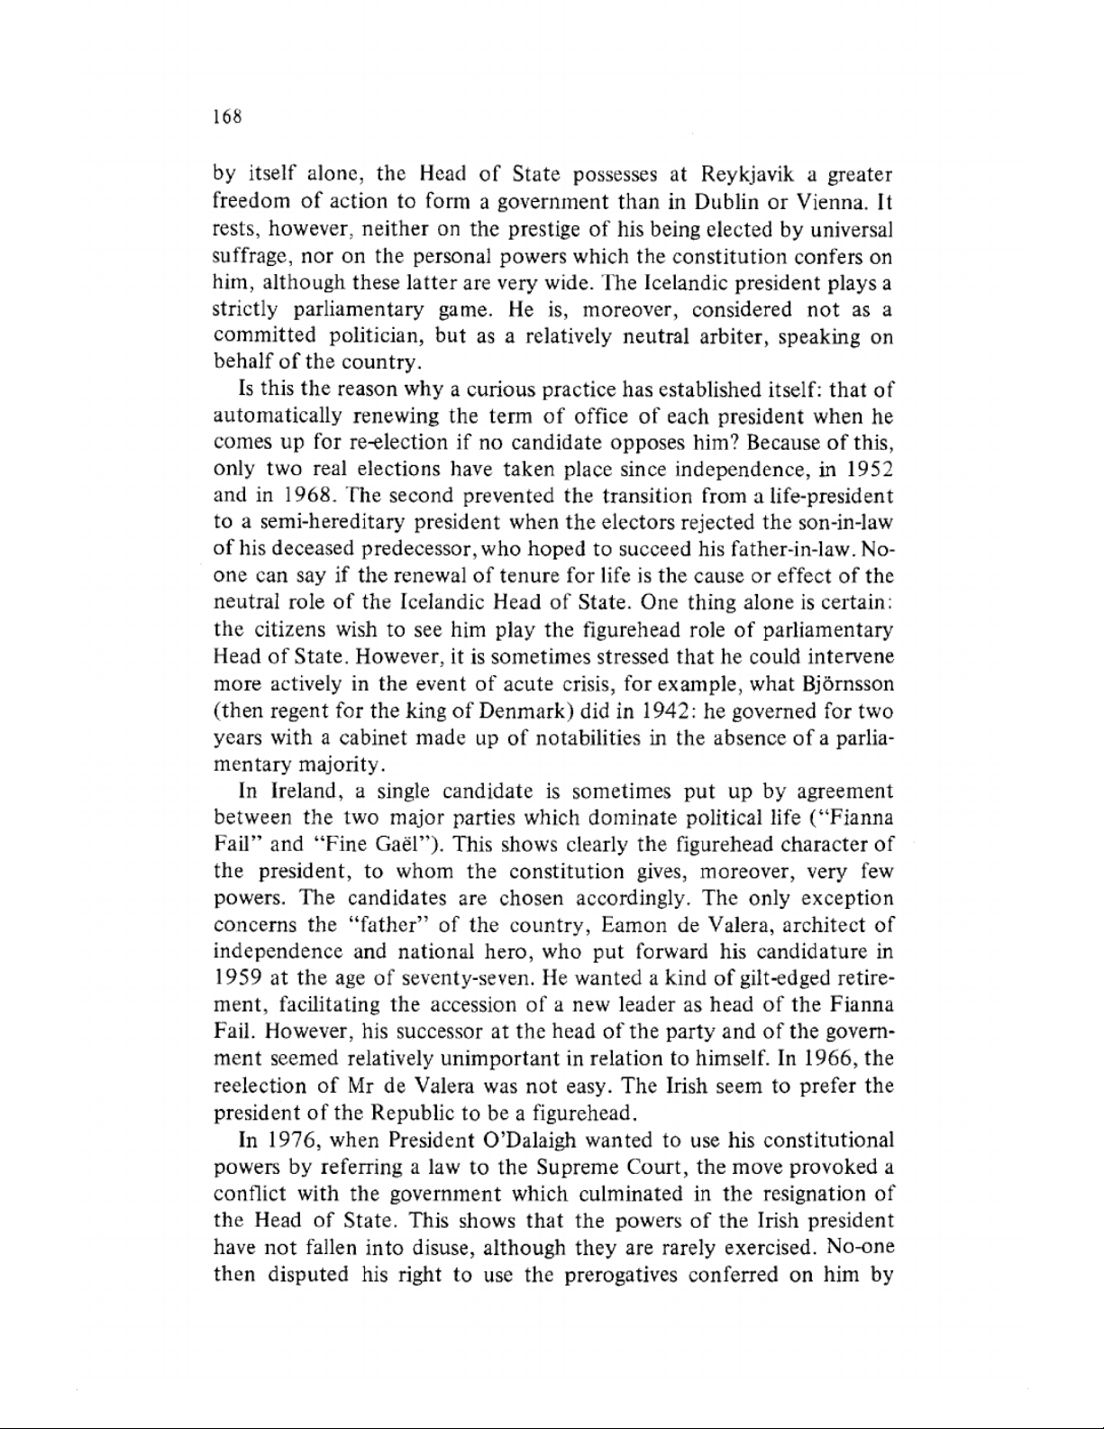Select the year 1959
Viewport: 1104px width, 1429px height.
236,979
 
